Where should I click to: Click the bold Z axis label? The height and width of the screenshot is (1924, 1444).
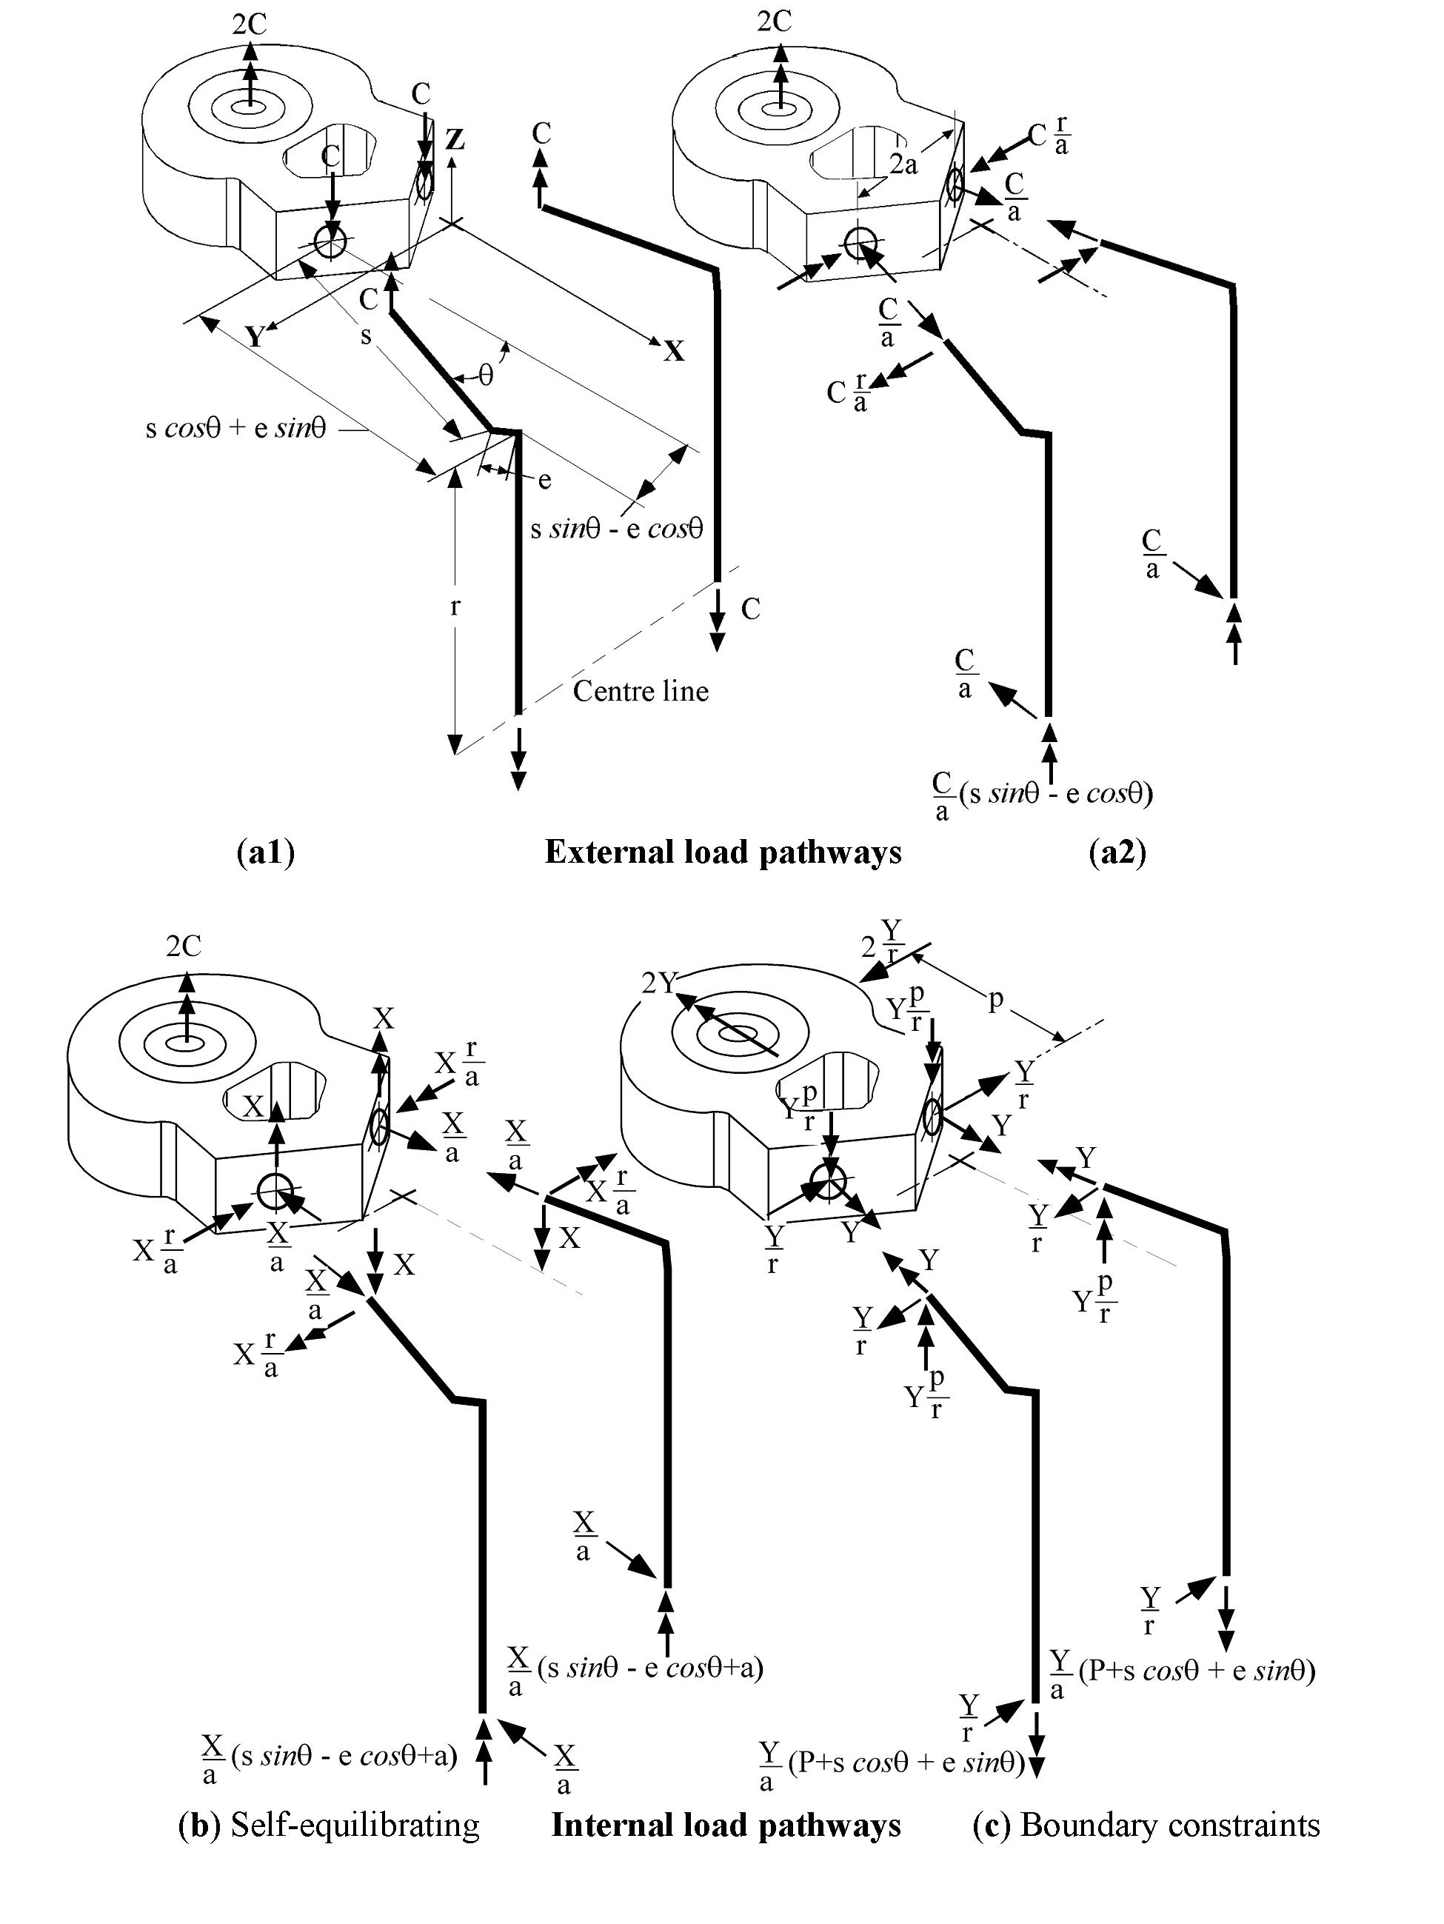coord(454,139)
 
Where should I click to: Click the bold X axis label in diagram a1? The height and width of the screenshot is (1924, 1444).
coord(674,351)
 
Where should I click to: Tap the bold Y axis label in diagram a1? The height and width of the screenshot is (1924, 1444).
coord(254,337)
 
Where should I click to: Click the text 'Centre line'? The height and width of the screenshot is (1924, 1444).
coord(641,692)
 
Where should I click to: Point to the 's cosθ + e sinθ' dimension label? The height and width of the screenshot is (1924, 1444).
coord(235,429)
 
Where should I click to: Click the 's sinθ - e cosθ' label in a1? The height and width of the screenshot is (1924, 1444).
coord(617,529)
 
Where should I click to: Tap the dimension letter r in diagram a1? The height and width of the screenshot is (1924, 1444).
coord(454,607)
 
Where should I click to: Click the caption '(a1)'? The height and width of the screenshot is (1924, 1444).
coord(265,852)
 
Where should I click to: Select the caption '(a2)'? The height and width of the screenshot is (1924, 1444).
coord(1117,852)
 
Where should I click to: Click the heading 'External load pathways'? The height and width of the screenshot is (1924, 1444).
coord(723,852)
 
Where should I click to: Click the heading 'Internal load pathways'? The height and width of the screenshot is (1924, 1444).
coord(726,1825)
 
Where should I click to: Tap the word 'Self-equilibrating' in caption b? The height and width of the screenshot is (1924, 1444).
coord(355,1825)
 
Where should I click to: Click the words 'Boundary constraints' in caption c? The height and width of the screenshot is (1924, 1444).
coord(1170,1825)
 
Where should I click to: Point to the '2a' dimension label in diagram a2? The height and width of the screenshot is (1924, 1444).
coord(903,164)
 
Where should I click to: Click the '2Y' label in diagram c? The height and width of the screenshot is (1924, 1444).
coord(659,983)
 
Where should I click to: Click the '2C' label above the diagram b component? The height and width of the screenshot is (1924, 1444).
coord(184,946)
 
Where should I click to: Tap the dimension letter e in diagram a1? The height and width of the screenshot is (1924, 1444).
coord(544,479)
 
